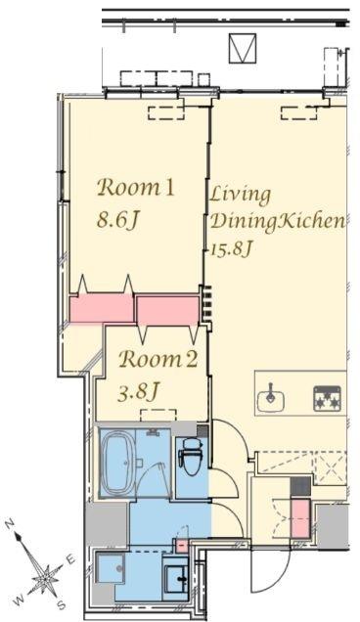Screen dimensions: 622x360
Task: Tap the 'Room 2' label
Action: click(x=158, y=359)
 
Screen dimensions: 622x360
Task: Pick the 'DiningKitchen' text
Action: click(x=278, y=221)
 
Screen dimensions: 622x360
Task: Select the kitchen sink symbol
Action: click(x=269, y=399)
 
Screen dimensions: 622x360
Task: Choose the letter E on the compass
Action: click(x=69, y=559)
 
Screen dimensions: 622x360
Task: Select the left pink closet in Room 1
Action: click(x=102, y=309)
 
